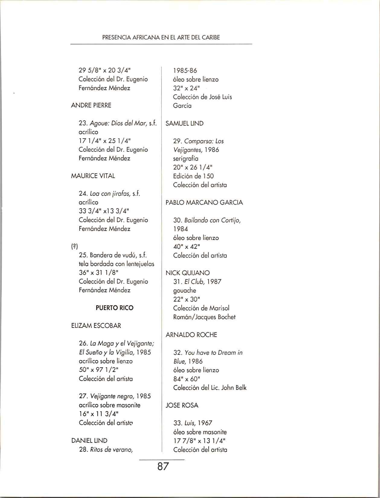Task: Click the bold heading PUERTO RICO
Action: click(x=114, y=308)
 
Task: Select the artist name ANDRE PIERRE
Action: click(x=91, y=105)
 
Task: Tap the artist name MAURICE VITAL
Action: click(x=93, y=176)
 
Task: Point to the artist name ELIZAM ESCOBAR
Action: click(x=96, y=326)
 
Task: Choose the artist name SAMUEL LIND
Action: click(x=184, y=123)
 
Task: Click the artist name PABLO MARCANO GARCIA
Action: click(x=204, y=202)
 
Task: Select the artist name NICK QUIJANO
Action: click(x=187, y=273)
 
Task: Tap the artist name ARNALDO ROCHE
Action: click(x=191, y=335)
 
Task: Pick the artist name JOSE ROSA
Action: click(x=182, y=405)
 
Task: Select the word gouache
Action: click(x=184, y=291)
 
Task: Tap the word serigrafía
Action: click(x=186, y=158)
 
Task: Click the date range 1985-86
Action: click(x=185, y=71)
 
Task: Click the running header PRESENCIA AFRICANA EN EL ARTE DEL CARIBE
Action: click(x=161, y=38)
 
